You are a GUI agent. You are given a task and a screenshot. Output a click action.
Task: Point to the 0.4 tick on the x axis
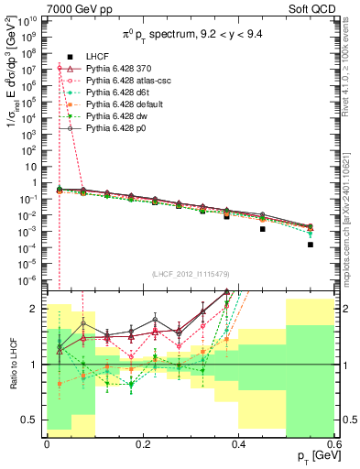[x=239, y=442]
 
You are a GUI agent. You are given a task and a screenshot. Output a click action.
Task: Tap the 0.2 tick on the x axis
[x=143, y=442]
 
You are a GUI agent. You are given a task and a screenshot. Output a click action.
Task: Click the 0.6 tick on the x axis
[x=335, y=442]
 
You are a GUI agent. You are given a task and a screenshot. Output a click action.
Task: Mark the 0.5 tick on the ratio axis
[x=33, y=420]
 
